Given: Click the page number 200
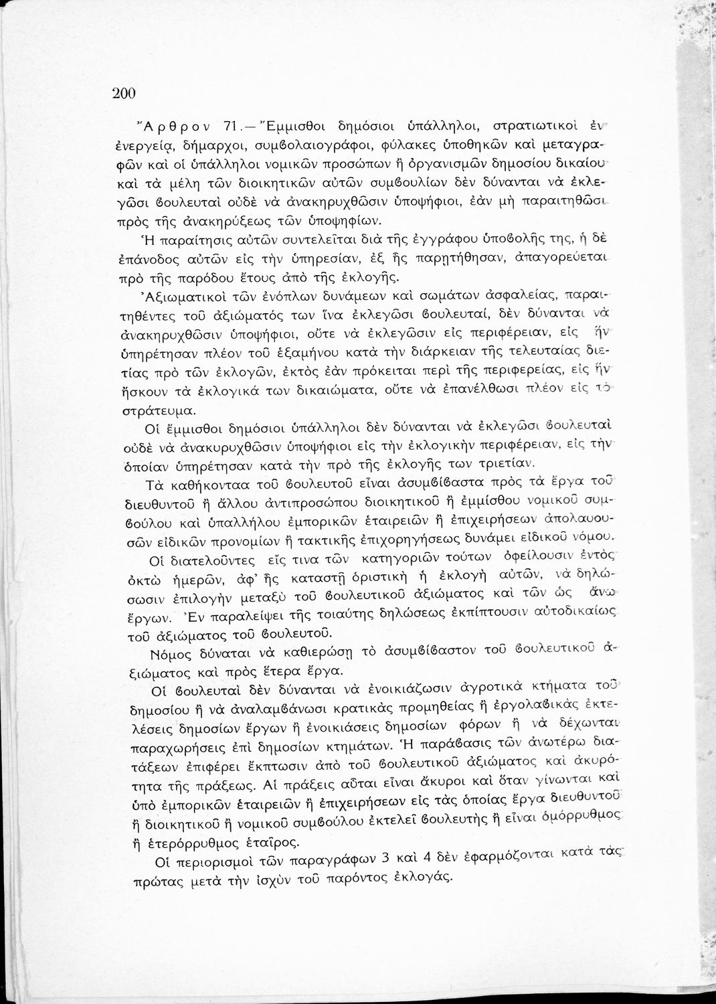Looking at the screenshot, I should (124, 94).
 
